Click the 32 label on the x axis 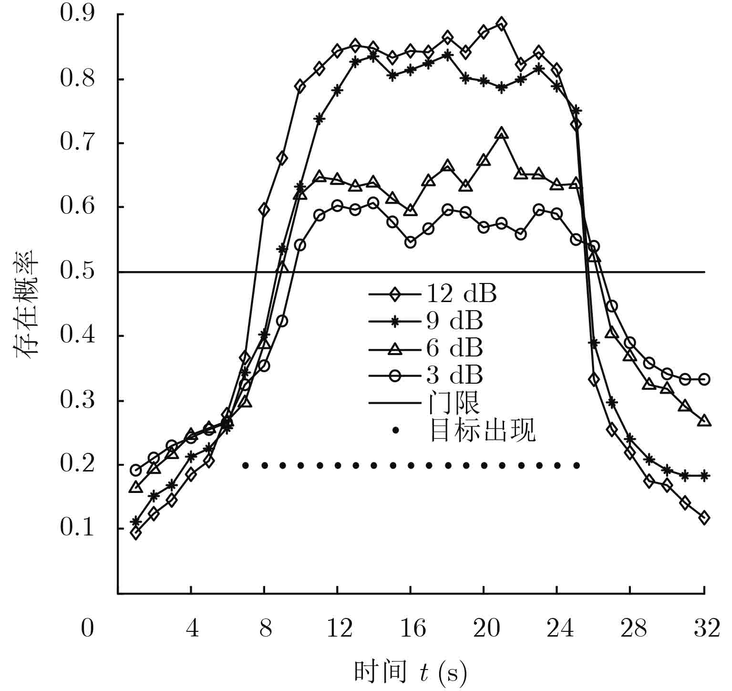pos(706,628)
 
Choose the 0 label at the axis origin pos(87,628)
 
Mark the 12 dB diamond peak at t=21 pos(501,23)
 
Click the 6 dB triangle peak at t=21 pos(501,134)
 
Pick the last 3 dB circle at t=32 pos(704,379)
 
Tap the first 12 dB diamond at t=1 pos(136,533)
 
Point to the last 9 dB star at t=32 pos(704,475)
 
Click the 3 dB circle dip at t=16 pos(410,242)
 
